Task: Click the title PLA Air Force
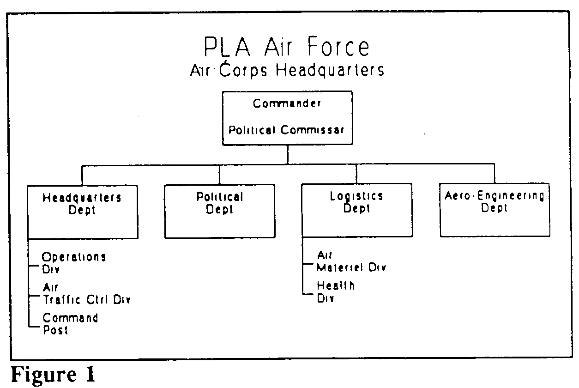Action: pyautogui.click(x=287, y=47)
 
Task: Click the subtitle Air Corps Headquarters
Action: pyautogui.click(x=287, y=70)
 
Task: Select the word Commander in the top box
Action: pyautogui.click(x=287, y=103)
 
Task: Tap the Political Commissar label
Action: pyautogui.click(x=286, y=130)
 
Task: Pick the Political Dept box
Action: pyautogui.click(x=220, y=211)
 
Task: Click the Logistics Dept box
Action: pyautogui.click(x=357, y=210)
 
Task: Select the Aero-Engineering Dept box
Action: pyautogui.click(x=495, y=210)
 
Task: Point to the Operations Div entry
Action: pyautogui.click(x=74, y=263)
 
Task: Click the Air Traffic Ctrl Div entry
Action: pyautogui.click(x=87, y=294)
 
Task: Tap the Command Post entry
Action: pyautogui.click(x=70, y=324)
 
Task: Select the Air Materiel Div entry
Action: pyautogui.click(x=351, y=261)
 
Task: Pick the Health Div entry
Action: pyautogui.click(x=336, y=292)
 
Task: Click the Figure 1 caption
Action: pyautogui.click(x=54, y=374)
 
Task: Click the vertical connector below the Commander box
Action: pyautogui.click(x=288, y=154)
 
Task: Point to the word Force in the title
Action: pyautogui.click(x=338, y=47)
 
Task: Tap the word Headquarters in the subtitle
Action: pyautogui.click(x=330, y=70)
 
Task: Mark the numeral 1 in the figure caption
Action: pyautogui.click(x=90, y=374)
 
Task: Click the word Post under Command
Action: pyautogui.click(x=55, y=330)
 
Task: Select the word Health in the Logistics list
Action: pyautogui.click(x=336, y=286)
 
